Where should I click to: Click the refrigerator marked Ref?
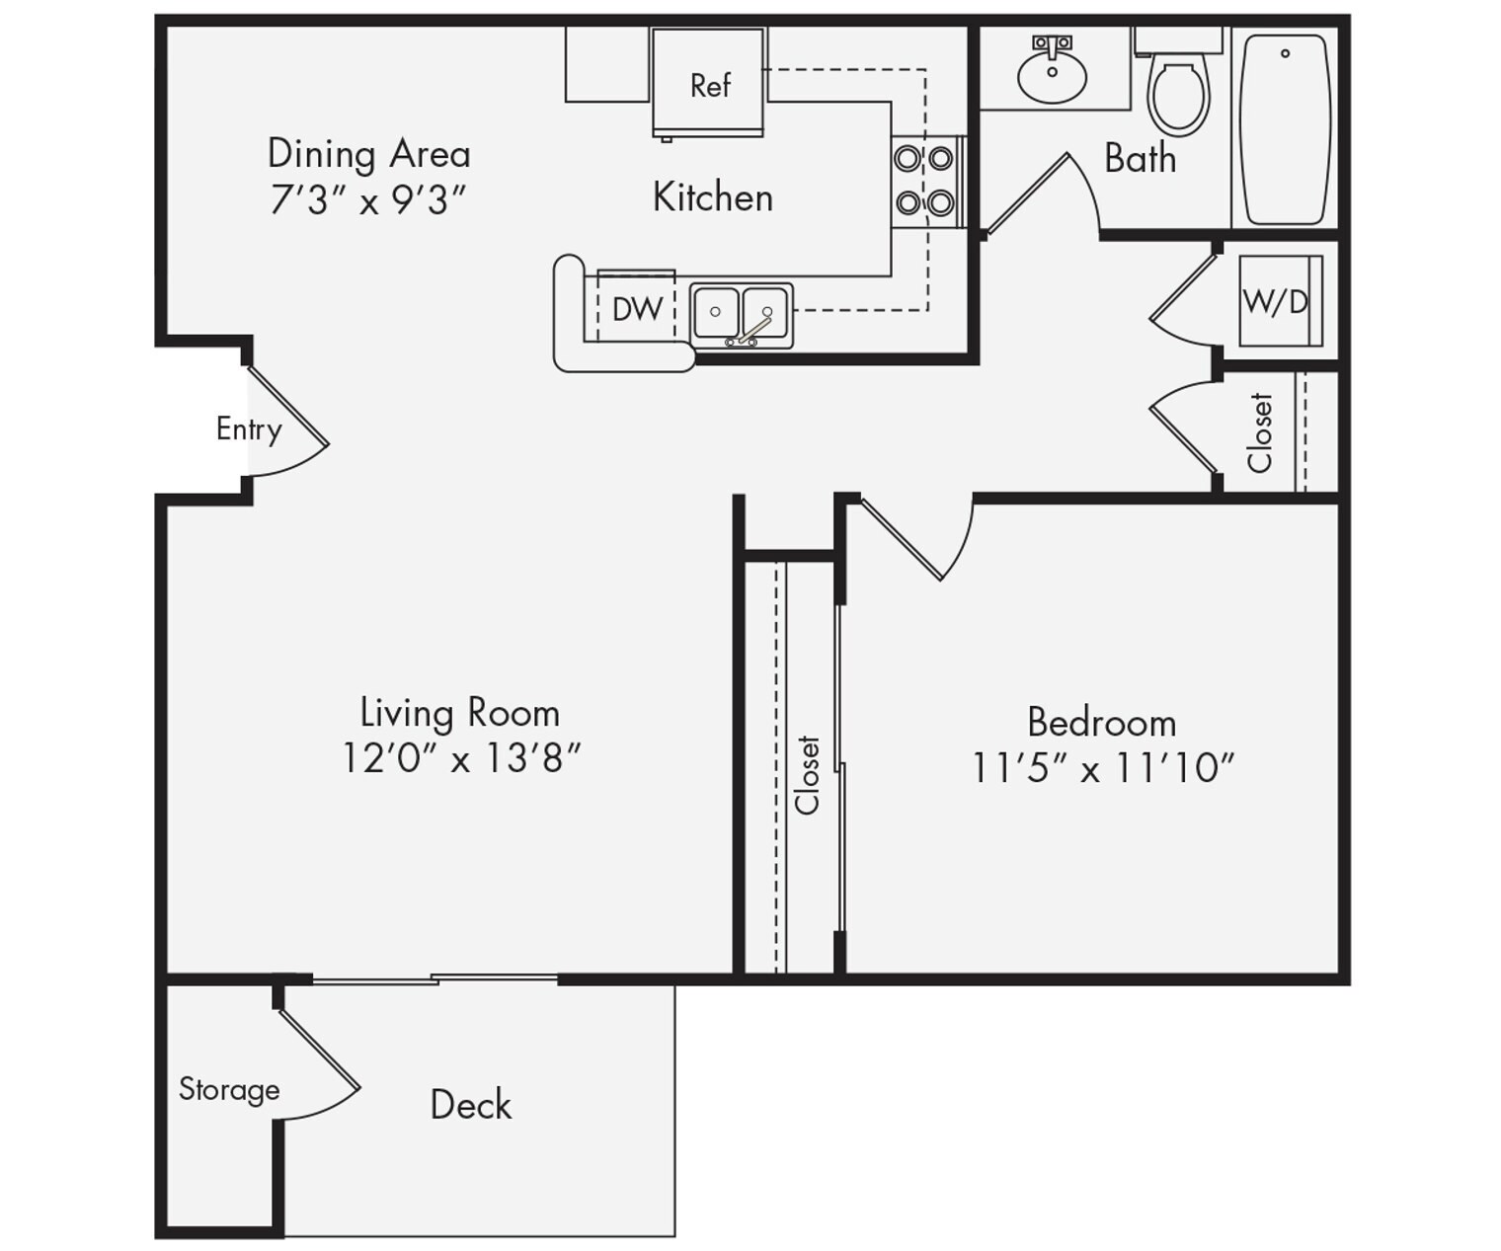pos(708,83)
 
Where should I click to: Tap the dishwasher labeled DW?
pos(636,308)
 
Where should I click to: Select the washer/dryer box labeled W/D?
pos(1279,300)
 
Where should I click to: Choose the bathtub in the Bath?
pos(1284,130)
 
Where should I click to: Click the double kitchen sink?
pos(741,314)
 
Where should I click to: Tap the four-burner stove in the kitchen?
pos(924,181)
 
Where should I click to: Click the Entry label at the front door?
pos(249,429)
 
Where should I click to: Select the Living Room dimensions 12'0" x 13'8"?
pos(460,758)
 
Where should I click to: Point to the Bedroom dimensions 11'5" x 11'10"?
pos(1102,767)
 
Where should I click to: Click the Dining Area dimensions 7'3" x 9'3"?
pos(367,200)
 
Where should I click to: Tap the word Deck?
pos(471,1105)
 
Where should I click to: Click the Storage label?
pos(229,1089)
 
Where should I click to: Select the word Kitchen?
pos(712,197)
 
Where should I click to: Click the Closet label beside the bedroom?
pos(808,774)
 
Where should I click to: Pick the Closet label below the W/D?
pos(1259,432)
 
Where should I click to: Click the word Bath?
pos(1140,158)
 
